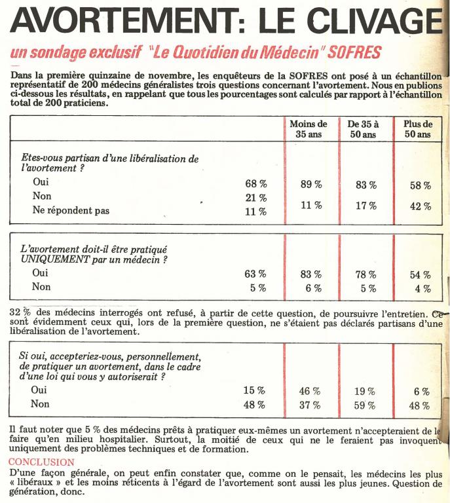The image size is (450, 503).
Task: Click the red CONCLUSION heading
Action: (43, 462)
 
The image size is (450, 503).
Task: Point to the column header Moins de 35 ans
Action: (308, 129)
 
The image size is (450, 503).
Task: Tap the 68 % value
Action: (255, 184)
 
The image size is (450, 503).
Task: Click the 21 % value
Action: (255, 198)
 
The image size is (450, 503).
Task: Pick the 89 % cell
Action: (310, 185)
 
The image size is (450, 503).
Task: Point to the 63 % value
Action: (255, 274)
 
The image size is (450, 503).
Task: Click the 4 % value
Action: (422, 288)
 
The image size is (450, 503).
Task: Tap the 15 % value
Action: (254, 390)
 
